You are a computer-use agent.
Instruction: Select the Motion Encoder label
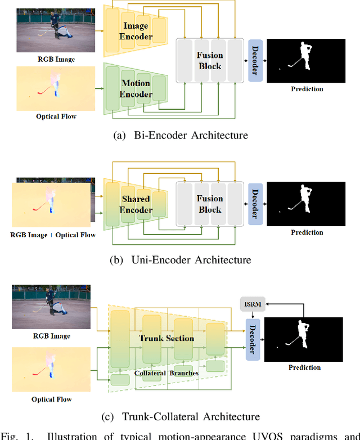136,88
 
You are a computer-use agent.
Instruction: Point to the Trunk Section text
167,338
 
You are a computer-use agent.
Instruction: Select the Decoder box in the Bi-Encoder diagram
255,60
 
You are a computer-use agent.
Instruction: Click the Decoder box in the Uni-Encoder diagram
255,204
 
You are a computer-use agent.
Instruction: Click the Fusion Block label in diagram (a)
210,60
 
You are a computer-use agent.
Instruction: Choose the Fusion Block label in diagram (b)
210,204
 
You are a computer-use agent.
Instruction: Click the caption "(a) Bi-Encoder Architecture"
180,135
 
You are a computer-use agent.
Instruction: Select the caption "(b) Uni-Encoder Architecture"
180,260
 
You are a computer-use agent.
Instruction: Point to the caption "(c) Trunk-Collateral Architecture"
180,416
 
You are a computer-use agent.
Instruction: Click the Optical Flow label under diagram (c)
51,399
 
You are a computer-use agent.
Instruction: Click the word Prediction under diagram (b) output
307,232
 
